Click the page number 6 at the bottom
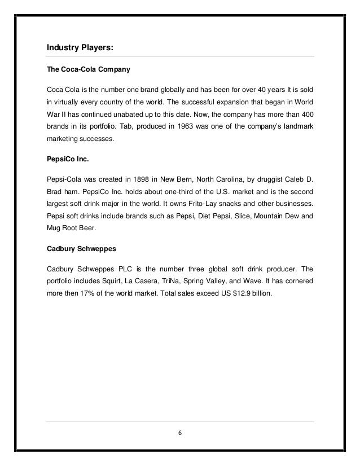click(x=180, y=433)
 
